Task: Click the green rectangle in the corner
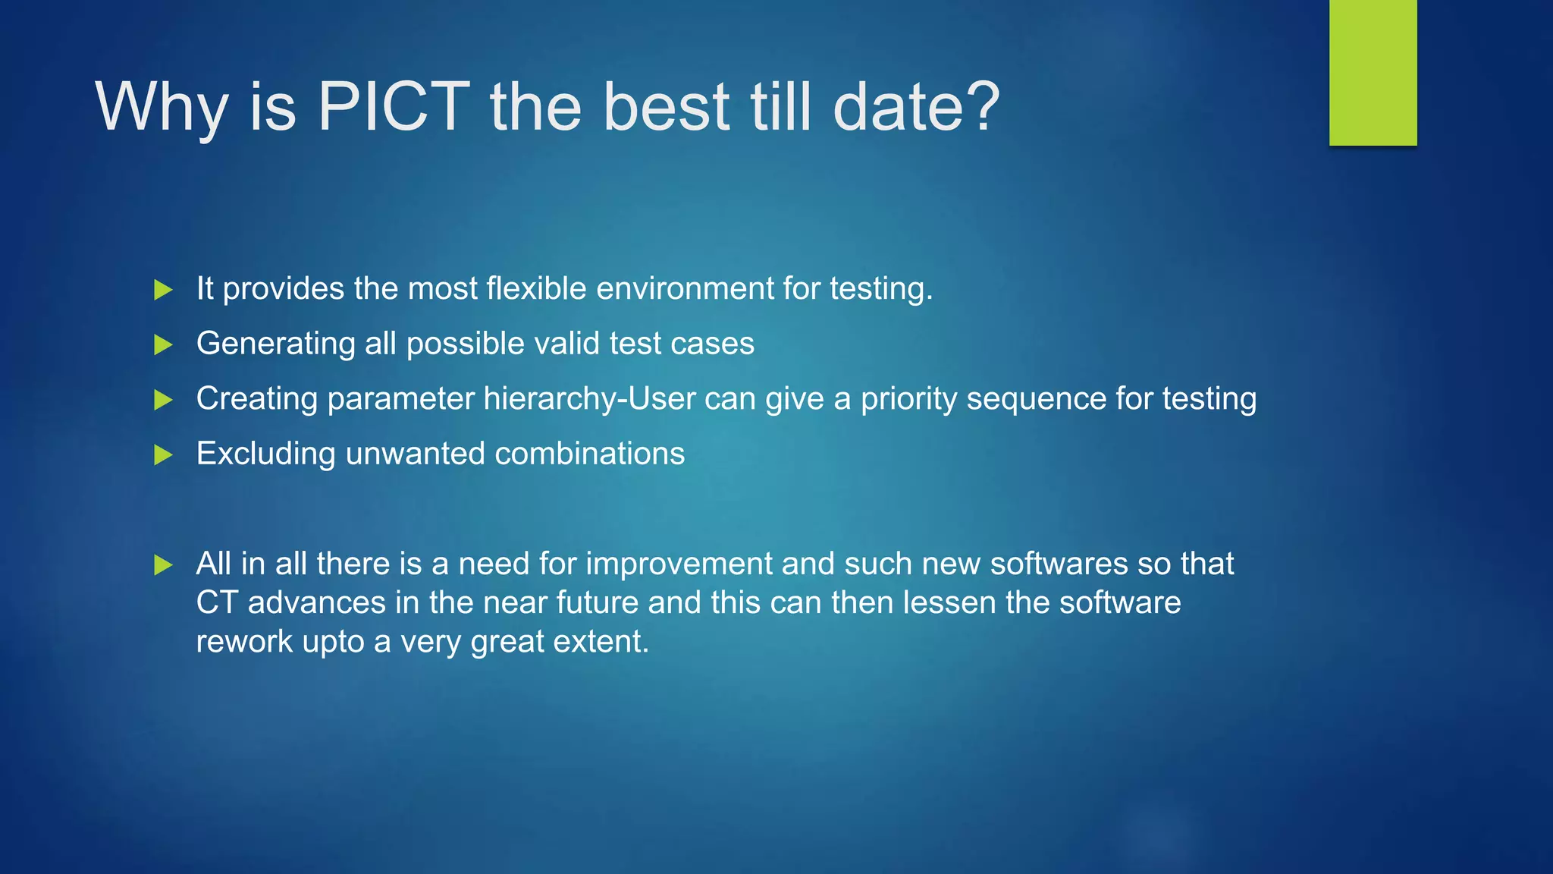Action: coord(1373,72)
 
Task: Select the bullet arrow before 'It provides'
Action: coord(163,290)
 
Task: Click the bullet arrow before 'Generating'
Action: coord(163,345)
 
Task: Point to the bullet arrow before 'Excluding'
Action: coord(163,455)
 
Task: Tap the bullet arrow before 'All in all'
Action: coord(163,565)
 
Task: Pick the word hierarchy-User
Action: coord(589,399)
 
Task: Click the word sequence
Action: coord(1036,399)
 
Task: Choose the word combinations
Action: coord(589,454)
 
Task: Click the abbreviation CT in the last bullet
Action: coord(217,603)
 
